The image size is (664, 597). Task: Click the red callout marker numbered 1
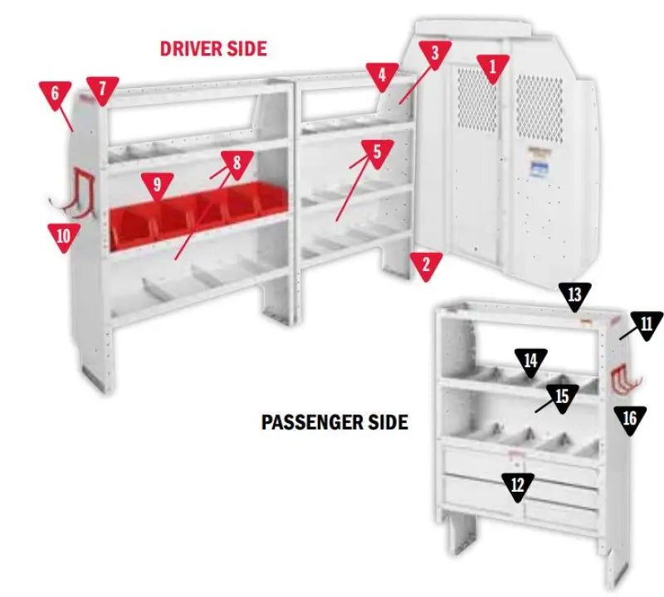(492, 67)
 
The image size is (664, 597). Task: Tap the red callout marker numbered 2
(426, 265)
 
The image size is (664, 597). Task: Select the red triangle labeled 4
(381, 76)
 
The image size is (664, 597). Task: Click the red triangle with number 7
(103, 89)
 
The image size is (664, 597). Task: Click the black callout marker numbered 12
(518, 485)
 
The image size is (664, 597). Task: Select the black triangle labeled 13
(575, 294)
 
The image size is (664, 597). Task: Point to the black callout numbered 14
(531, 360)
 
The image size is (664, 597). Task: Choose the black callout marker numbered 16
(630, 417)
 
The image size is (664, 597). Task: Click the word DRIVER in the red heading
(188, 48)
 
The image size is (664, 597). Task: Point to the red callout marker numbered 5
(377, 152)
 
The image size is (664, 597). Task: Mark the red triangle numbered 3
(433, 54)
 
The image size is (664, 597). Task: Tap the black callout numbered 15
(562, 396)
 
